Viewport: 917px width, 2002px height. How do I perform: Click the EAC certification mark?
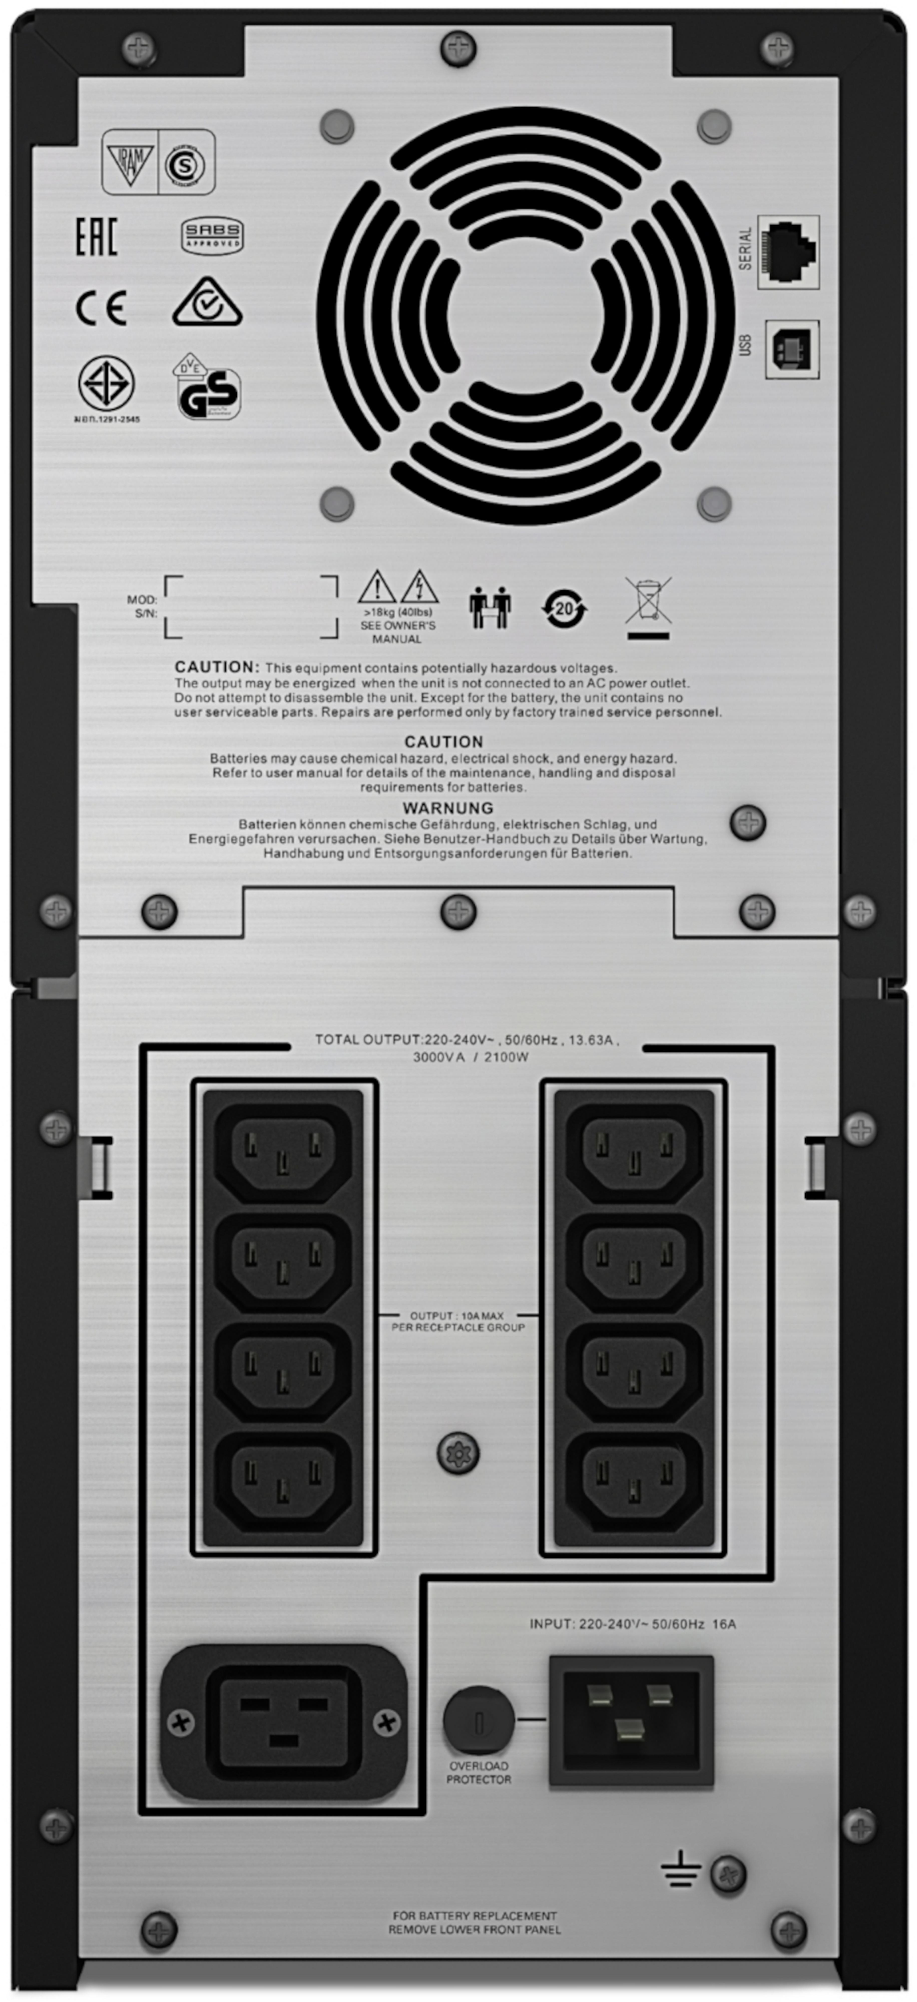click(96, 237)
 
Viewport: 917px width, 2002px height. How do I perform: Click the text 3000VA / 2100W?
click(470, 1057)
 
